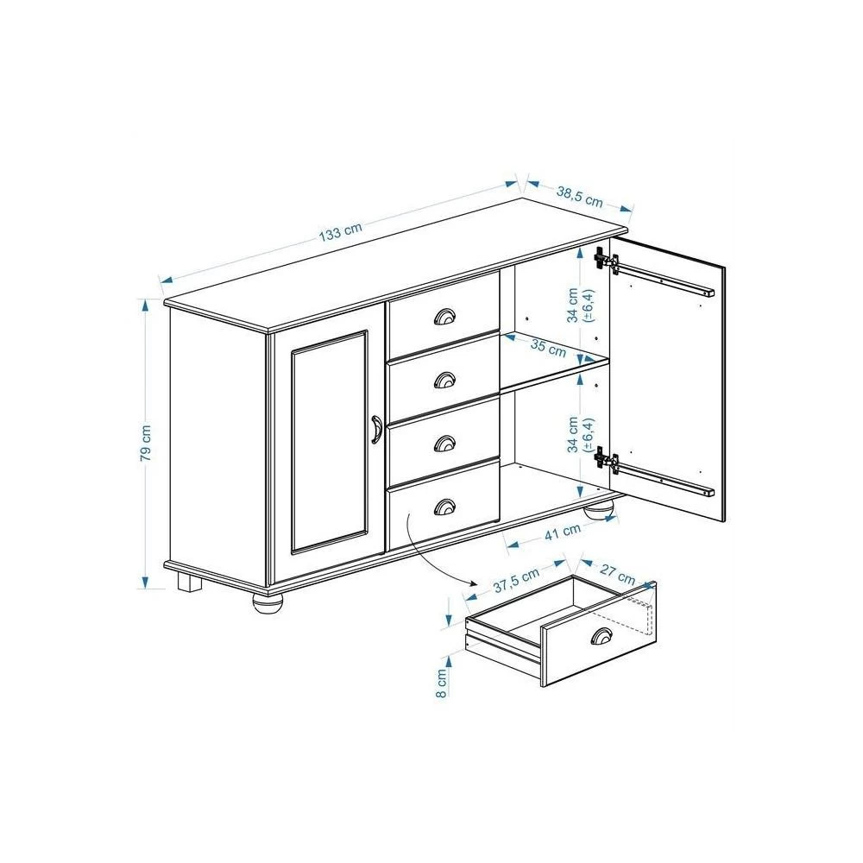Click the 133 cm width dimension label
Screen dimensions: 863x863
point(340,231)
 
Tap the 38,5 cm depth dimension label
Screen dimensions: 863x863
point(580,197)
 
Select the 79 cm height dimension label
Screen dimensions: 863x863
point(145,443)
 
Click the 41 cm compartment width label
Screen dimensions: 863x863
point(563,532)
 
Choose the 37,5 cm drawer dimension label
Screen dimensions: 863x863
point(516,581)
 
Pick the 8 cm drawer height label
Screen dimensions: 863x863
point(441,683)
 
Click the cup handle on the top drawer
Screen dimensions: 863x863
point(444,317)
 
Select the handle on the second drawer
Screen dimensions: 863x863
point(444,380)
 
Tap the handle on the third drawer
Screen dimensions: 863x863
point(444,443)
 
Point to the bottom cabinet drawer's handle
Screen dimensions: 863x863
point(444,507)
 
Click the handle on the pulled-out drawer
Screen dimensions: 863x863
point(602,636)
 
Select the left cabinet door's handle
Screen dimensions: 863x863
point(376,429)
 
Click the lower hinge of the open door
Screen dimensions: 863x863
point(606,461)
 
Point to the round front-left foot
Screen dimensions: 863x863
point(268,603)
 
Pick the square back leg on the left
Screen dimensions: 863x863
point(189,583)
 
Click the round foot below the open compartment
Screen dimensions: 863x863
point(600,510)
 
